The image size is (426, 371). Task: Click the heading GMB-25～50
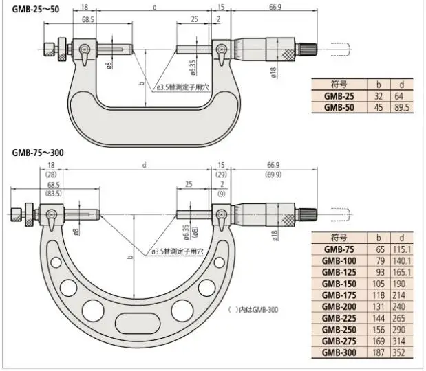[36, 10]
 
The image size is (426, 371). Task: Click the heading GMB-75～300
[38, 153]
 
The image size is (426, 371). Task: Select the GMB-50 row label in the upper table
[339, 107]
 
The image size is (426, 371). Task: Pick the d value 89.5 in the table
[402, 107]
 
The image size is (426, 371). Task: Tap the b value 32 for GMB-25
[379, 96]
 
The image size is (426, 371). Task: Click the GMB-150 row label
[339, 284]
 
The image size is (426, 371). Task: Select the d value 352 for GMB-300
[399, 352]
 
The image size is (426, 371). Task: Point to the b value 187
[379, 352]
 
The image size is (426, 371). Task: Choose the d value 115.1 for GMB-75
[402, 249]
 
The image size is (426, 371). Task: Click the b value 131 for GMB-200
[379, 306]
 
